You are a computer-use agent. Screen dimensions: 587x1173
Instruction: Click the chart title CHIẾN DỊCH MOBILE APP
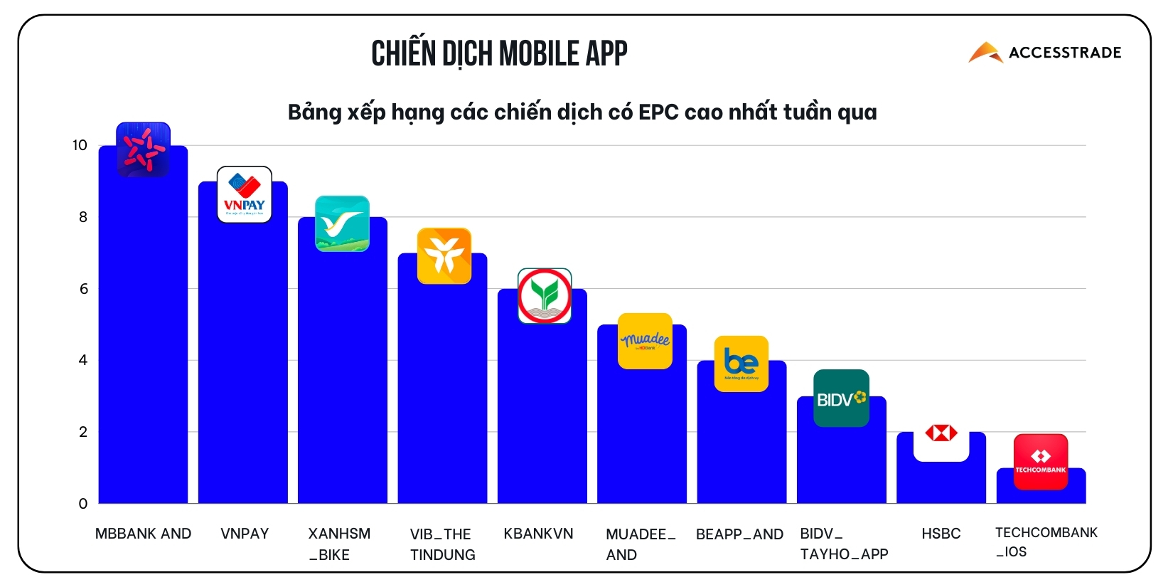pyautogui.click(x=499, y=53)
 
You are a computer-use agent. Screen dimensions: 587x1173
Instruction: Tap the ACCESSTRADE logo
pyautogui.click(x=1044, y=52)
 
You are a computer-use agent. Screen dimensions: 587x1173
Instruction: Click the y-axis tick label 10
pyautogui.click(x=80, y=145)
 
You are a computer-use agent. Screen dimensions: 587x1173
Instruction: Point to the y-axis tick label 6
pyautogui.click(x=84, y=289)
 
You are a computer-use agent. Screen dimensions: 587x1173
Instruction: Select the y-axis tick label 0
pyautogui.click(x=83, y=504)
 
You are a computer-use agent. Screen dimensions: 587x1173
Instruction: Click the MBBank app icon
pyautogui.click(x=143, y=149)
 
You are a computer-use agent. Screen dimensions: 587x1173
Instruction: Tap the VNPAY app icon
pyautogui.click(x=244, y=194)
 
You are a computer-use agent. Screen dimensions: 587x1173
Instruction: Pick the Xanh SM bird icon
pyautogui.click(x=342, y=223)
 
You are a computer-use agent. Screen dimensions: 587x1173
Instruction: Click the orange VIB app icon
pyautogui.click(x=444, y=255)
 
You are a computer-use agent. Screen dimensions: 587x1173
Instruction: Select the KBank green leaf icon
pyautogui.click(x=545, y=296)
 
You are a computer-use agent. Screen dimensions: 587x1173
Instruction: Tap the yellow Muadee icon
pyautogui.click(x=645, y=341)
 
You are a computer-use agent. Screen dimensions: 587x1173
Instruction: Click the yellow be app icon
pyautogui.click(x=741, y=364)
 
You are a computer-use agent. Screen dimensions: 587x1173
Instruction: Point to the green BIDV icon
pyautogui.click(x=841, y=398)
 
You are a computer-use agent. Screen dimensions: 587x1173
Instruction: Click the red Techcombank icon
pyautogui.click(x=1040, y=462)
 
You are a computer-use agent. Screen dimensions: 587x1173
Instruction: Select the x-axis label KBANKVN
pyautogui.click(x=538, y=534)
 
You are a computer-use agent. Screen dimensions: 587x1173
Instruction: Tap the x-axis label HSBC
pyautogui.click(x=941, y=534)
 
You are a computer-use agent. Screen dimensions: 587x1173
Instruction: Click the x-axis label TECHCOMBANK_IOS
pyautogui.click(x=1046, y=542)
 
